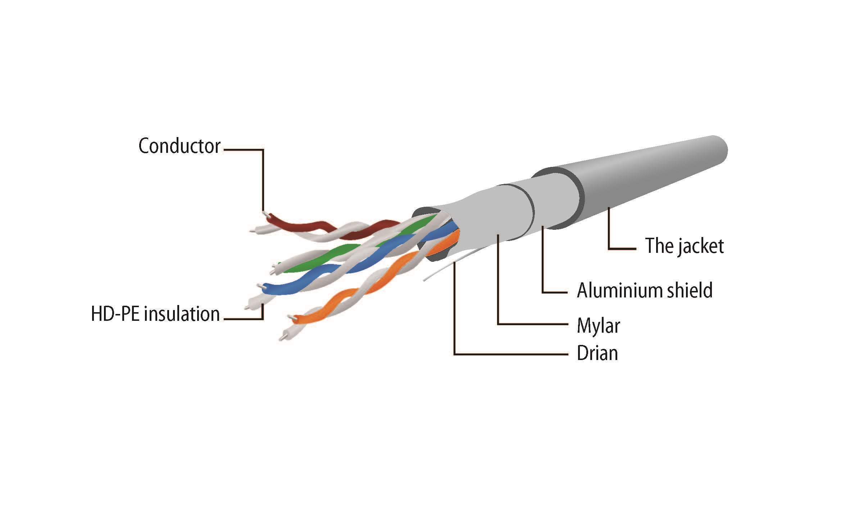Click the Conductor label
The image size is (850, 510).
tap(179, 146)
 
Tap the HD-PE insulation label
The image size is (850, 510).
tap(155, 314)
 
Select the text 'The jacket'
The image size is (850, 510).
tap(684, 246)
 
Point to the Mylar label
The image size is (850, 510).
tap(598, 326)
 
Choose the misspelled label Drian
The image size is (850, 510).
tap(597, 353)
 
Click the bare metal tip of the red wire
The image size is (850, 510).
tap(265, 214)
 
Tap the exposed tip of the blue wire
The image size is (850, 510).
tap(259, 286)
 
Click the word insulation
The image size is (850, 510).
tap(181, 314)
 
